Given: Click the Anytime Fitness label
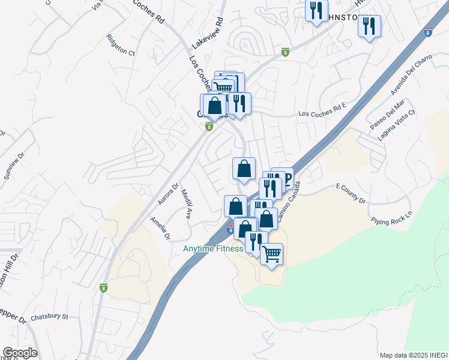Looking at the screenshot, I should pos(213,248).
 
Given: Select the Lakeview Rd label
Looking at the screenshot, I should pos(208,34).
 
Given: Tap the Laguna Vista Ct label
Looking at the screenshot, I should pos(397,126).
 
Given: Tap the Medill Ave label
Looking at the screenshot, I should pos(187,204).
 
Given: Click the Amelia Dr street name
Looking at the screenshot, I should pos(160,229).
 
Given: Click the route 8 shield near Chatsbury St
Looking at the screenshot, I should pos(104,287).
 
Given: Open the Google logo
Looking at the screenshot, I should pos(20,353).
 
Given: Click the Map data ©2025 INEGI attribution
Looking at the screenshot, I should pos(414,355).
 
